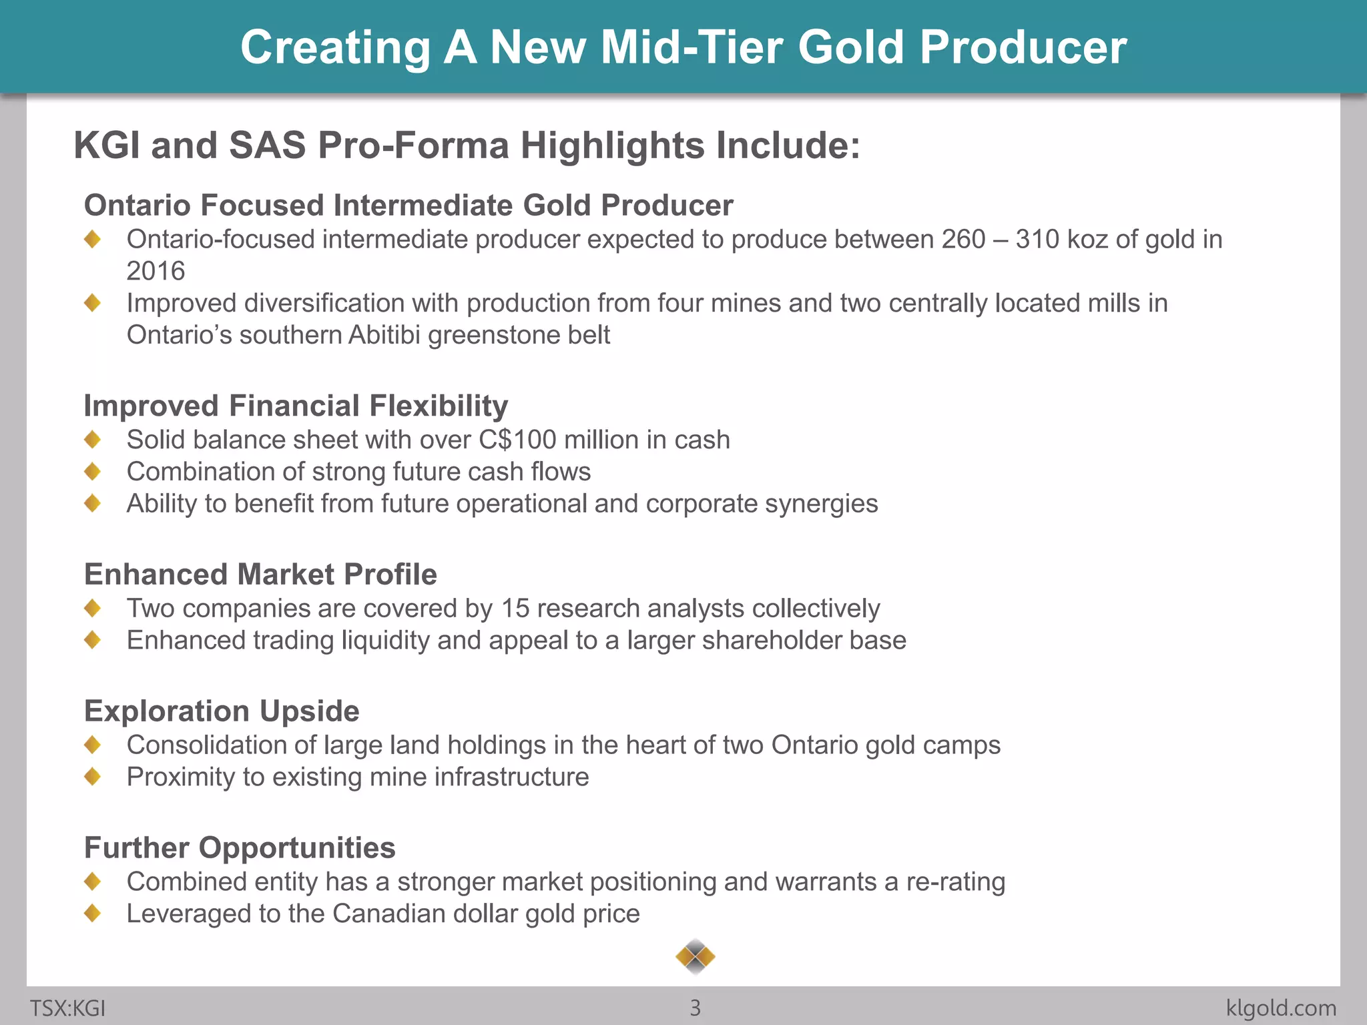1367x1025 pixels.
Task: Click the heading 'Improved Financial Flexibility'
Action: [296, 406]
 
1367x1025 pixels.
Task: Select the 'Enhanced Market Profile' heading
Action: [260, 574]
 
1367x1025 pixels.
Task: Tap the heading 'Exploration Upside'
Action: [222, 711]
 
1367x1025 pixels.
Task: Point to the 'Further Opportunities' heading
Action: [240, 847]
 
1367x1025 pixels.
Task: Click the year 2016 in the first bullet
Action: [156, 271]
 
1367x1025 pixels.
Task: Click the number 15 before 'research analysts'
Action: [515, 609]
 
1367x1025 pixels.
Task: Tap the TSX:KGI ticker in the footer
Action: [67, 1008]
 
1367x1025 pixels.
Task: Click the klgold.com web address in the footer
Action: [1281, 1008]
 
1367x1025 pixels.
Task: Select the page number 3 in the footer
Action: [695, 1008]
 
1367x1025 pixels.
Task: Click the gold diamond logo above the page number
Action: [695, 957]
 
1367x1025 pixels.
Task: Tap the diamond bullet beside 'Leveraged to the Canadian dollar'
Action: [93, 913]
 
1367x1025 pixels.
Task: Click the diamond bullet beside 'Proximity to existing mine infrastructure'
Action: [93, 776]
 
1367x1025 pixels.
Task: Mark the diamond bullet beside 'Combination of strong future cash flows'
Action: [93, 471]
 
